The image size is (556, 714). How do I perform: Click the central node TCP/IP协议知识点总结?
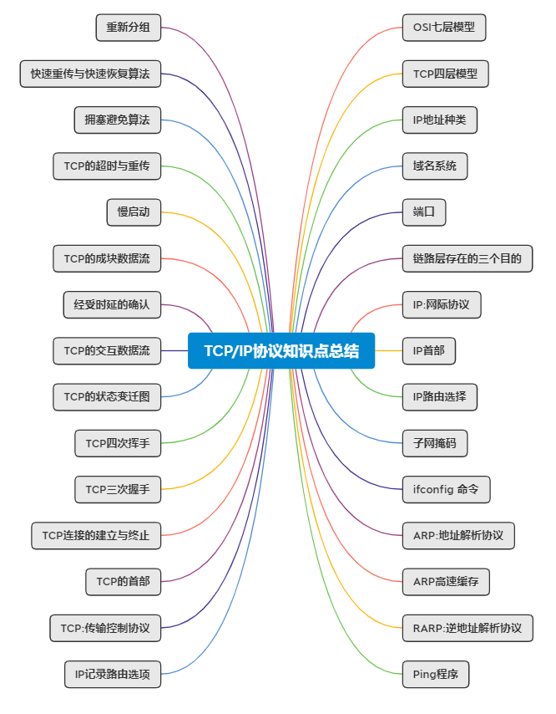click(x=281, y=351)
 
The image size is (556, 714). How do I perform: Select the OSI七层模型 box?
click(x=443, y=28)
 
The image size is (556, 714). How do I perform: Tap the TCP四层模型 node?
click(x=445, y=74)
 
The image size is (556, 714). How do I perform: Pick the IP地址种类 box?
click(x=439, y=120)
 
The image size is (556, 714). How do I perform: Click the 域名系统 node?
click(x=434, y=166)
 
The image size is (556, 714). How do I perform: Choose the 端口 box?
click(x=424, y=212)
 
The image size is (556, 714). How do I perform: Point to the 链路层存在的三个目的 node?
click(x=467, y=258)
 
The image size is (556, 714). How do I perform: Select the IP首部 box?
click(x=429, y=351)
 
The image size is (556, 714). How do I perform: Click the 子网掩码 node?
click(x=434, y=442)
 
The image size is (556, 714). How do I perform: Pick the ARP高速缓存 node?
click(x=446, y=581)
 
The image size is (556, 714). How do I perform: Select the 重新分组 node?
click(x=128, y=28)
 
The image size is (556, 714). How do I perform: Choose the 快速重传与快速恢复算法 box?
click(x=90, y=74)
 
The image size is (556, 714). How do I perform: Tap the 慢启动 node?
click(x=134, y=212)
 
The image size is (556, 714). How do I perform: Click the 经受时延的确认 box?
click(x=112, y=304)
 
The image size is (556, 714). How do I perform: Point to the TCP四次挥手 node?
click(x=118, y=443)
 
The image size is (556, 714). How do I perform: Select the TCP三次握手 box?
click(x=118, y=489)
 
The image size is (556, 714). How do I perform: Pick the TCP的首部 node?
click(x=123, y=581)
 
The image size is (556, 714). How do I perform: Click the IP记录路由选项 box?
click(x=113, y=673)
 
